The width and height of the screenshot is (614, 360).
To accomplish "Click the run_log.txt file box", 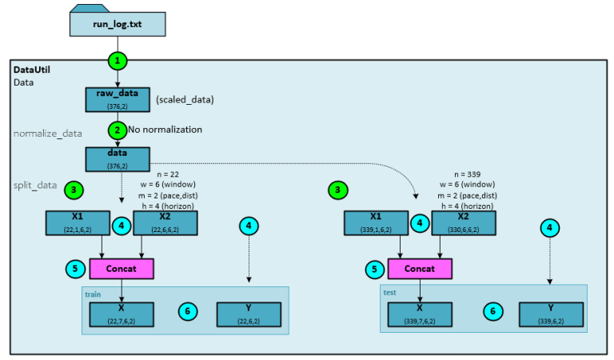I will (117, 23).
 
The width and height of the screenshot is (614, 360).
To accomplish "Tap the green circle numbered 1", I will (118, 61).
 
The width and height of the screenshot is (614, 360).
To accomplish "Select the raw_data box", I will (118, 98).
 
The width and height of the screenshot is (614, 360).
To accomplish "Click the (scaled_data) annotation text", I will (185, 99).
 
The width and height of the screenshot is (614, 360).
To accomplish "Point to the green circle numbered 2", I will (118, 128).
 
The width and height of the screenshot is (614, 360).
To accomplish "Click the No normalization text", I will (165, 129).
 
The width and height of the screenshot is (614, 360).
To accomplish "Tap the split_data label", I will (35, 185).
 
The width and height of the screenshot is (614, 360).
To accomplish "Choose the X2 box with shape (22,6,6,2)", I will (165, 223).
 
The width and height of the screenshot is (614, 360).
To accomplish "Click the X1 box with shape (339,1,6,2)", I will (377, 223).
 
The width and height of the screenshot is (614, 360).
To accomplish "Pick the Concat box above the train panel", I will (122, 268).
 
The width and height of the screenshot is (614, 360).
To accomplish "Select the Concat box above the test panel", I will (420, 268).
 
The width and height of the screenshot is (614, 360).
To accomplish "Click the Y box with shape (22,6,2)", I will (249, 314).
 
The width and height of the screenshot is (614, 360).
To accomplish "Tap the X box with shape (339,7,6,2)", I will (420, 314).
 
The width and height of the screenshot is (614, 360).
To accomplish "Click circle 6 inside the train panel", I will (186, 311).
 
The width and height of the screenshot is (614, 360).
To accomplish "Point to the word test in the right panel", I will (390, 293).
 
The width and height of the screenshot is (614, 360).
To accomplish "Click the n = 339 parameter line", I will (468, 173).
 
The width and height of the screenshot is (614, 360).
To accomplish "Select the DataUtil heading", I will (33, 70).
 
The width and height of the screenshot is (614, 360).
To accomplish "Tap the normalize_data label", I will (47, 133).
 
